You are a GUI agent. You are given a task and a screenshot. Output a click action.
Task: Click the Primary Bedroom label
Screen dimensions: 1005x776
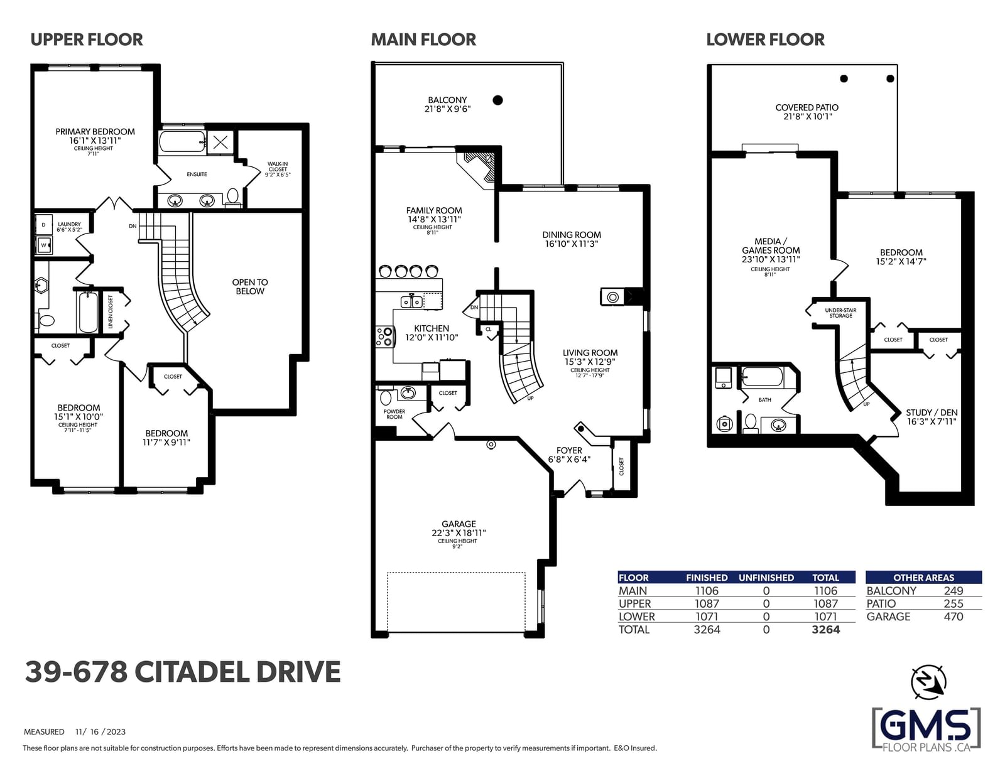pos(95,132)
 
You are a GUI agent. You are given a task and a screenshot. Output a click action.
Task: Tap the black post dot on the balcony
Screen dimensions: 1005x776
pos(497,100)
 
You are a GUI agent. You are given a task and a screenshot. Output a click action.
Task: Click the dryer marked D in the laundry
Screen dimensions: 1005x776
pos(44,225)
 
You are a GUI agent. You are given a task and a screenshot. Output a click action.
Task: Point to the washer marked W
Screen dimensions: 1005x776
pos(44,245)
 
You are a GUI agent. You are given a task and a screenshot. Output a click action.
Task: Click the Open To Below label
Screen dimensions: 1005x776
pos(250,286)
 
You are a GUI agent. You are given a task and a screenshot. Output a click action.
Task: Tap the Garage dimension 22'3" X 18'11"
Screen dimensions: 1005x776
pos(459,533)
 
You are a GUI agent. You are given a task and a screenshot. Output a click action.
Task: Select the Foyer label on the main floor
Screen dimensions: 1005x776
pos(569,450)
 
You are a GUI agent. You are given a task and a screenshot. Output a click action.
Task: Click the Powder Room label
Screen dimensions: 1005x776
pos(394,414)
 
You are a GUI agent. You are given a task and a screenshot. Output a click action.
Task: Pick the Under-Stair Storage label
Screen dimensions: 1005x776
pos(840,313)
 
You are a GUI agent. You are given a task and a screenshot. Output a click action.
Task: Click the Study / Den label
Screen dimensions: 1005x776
pos(932,412)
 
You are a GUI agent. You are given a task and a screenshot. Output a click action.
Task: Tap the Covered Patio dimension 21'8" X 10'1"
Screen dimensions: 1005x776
pos(808,117)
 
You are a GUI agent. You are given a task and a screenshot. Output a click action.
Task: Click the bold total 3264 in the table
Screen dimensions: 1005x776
pos(825,630)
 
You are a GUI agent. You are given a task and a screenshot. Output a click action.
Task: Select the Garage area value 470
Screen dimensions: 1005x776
pos(953,617)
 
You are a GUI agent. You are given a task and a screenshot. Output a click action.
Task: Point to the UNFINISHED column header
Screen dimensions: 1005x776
pos(766,577)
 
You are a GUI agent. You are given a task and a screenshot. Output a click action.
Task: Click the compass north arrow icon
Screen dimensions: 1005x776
pos(928,682)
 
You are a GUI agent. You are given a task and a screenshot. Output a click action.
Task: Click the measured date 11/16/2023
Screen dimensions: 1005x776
pos(100,731)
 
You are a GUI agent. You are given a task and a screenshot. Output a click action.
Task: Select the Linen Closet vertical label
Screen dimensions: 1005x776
pos(110,311)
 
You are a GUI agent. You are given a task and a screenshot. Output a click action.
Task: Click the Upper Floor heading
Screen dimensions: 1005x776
pos(87,40)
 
